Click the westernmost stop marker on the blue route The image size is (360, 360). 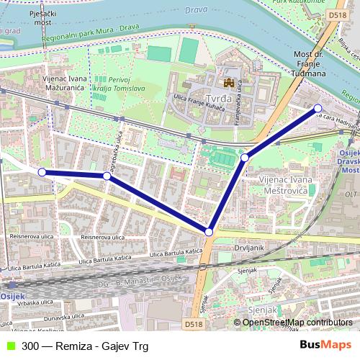(42, 172)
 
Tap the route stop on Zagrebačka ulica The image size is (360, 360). (107, 176)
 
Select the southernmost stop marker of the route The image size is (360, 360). (209, 232)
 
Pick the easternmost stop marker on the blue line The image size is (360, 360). (318, 109)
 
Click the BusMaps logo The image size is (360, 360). (325, 345)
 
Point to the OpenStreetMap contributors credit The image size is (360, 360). (299, 323)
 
